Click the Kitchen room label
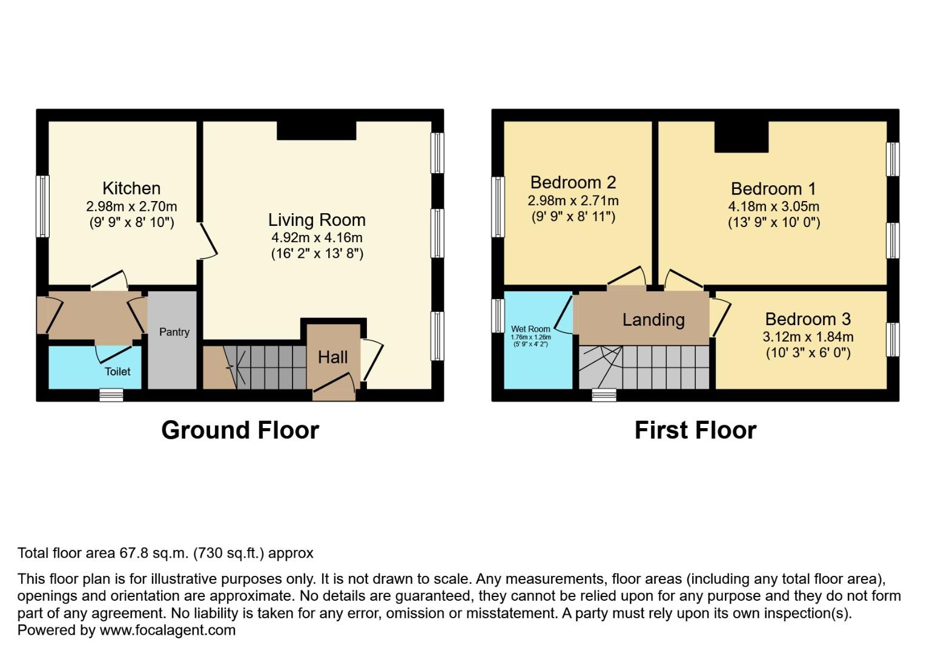(131, 188)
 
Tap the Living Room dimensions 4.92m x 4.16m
(317, 237)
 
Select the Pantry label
(174, 332)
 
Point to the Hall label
(332, 357)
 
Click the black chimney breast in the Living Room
(316, 130)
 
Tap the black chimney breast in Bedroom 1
(741, 137)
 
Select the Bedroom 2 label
(573, 182)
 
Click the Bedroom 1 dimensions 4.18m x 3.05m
(773, 206)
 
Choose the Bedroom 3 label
(807, 319)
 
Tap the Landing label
(653, 320)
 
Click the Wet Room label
(530, 329)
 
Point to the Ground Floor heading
(240, 430)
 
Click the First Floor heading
(695, 430)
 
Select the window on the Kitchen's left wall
(42, 206)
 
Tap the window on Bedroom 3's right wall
(893, 339)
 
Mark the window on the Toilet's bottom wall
(111, 395)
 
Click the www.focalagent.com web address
(167, 630)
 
